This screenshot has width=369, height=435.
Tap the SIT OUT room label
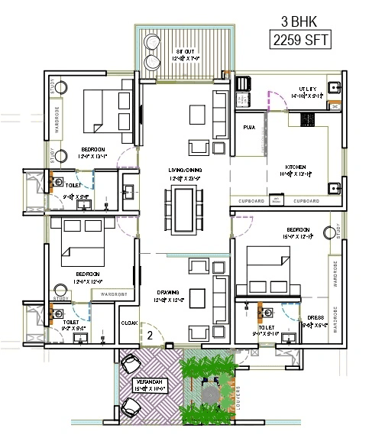(x=184, y=51)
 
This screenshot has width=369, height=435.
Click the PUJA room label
(x=249, y=127)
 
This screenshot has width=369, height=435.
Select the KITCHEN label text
(x=296, y=167)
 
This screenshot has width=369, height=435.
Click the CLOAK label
(x=129, y=323)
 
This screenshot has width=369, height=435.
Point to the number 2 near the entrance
(x=151, y=334)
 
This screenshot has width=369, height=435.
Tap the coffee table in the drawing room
(x=196, y=296)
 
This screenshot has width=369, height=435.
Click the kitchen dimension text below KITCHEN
(x=296, y=174)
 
